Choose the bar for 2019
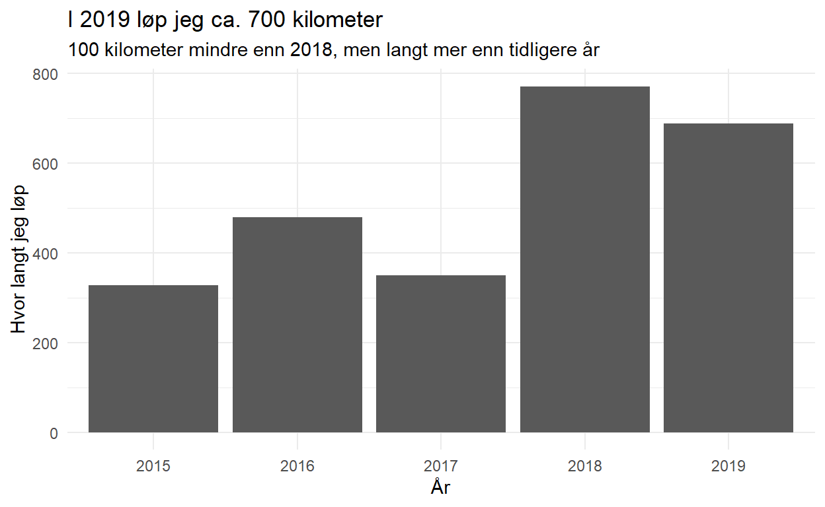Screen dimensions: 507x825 [728, 278]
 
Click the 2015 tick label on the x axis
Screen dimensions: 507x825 [153, 467]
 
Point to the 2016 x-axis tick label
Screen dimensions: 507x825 [297, 467]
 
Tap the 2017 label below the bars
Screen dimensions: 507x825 [441, 467]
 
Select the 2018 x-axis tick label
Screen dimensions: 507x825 [584, 467]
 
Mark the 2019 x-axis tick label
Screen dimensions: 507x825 [728, 467]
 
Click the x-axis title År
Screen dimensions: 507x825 [441, 488]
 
